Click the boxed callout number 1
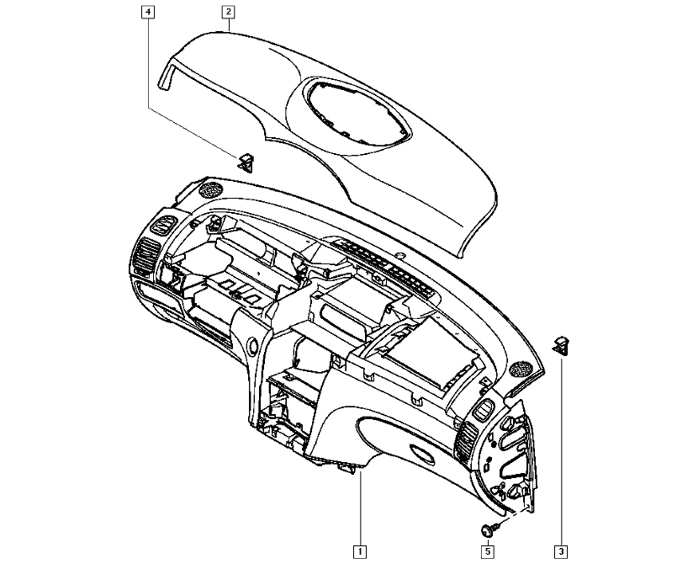360,551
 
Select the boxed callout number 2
228,12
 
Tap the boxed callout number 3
561,551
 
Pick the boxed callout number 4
148,12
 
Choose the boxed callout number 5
488,551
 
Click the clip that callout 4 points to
246,162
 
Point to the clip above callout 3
561,344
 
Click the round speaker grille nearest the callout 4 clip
211,189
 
